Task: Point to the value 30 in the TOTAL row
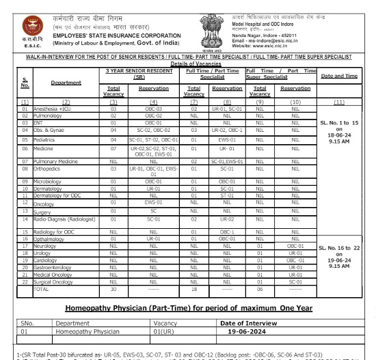click(114, 289)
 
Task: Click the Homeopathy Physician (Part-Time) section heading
click(188, 308)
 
